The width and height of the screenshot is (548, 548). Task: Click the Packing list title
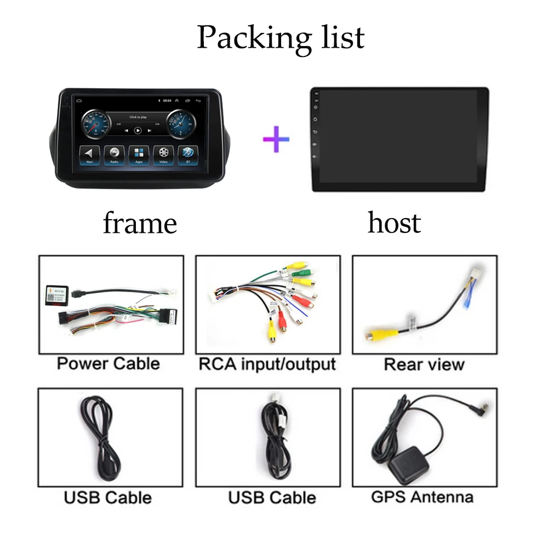[x=281, y=37]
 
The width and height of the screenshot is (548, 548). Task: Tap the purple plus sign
[x=276, y=139]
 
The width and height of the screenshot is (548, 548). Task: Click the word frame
[x=140, y=224]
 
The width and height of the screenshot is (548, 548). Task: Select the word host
[x=394, y=222]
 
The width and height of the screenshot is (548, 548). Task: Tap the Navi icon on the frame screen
[x=89, y=154]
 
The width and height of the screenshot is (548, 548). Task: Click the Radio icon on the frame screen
[x=114, y=154]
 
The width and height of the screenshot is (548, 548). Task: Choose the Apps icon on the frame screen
[x=139, y=154]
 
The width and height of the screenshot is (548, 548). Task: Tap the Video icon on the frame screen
[x=163, y=154]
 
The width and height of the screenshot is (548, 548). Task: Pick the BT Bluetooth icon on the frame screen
[x=188, y=154]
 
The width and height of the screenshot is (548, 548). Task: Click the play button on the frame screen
[x=138, y=130]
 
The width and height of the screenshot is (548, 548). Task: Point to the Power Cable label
[x=109, y=363]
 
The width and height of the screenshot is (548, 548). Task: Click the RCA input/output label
[x=267, y=364]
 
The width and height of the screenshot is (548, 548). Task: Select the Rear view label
[x=424, y=364]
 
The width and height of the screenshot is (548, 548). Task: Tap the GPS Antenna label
[x=422, y=497]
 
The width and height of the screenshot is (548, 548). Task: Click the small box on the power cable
[x=56, y=294]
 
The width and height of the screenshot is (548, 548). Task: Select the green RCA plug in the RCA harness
[x=301, y=272]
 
